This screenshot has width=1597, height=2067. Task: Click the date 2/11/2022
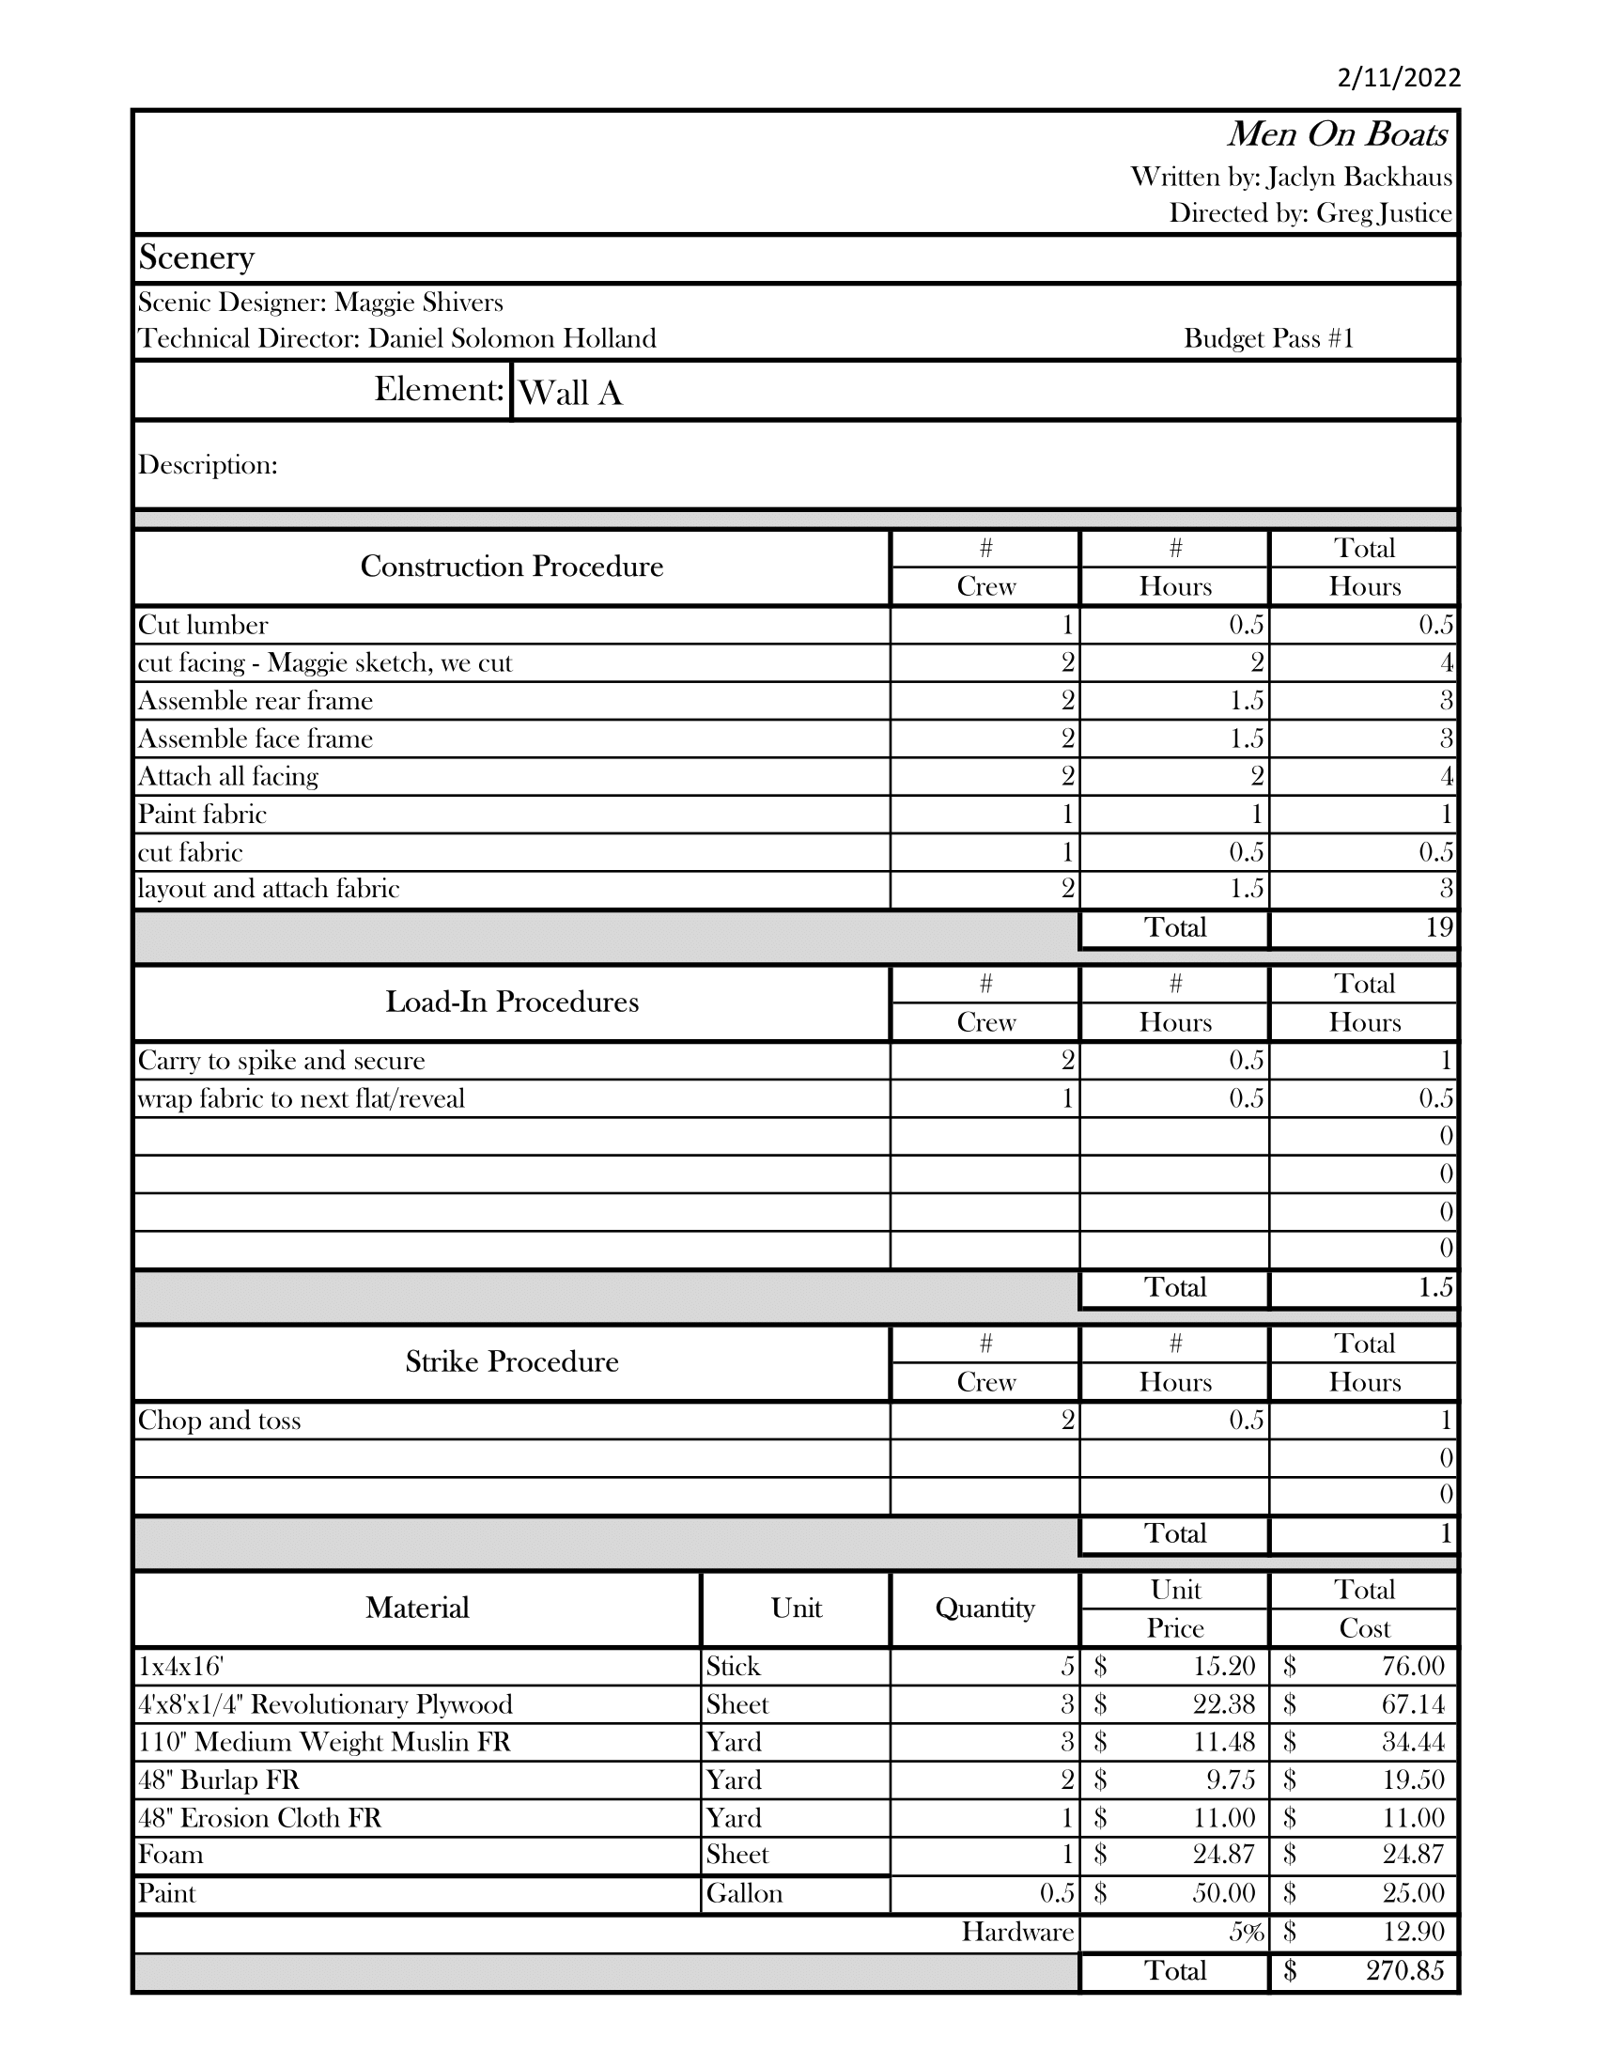click(x=1399, y=78)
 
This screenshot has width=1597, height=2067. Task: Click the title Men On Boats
click(x=1337, y=135)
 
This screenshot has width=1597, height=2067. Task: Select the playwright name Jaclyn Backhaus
click(x=1359, y=177)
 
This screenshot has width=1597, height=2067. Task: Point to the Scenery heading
click(x=196, y=257)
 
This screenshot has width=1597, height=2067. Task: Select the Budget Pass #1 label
click(x=1269, y=339)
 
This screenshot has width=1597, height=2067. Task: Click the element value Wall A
click(x=570, y=393)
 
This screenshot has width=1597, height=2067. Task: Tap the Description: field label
click(x=209, y=465)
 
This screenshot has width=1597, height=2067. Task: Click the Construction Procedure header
click(x=512, y=567)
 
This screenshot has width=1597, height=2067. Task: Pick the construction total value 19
click(x=1438, y=927)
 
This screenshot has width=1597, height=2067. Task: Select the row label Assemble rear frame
click(x=256, y=701)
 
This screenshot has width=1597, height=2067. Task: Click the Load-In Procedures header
click(x=512, y=1002)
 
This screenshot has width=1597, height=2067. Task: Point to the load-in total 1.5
click(x=1435, y=1288)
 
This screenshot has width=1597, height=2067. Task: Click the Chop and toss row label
click(x=220, y=1421)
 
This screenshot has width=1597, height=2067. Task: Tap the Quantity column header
click(x=984, y=1609)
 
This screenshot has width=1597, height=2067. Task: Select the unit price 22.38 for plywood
click(x=1223, y=1704)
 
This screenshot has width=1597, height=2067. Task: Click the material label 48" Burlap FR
click(x=219, y=1780)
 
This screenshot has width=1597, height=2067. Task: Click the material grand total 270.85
click(x=1404, y=1970)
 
